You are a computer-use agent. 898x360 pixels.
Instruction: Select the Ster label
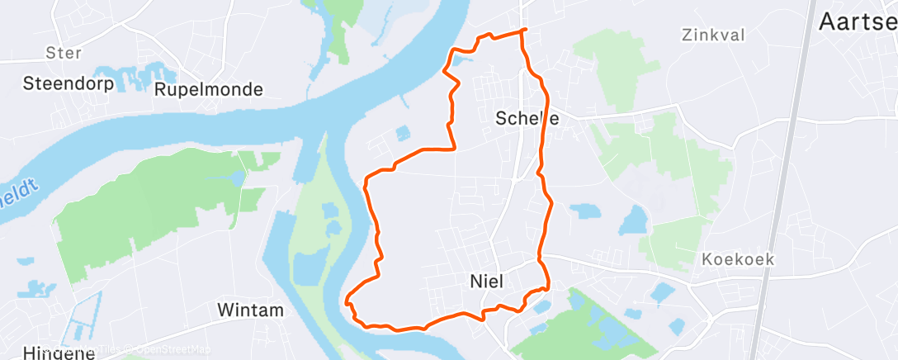coord(64,53)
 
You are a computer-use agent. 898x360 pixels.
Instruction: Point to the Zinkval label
coord(714,35)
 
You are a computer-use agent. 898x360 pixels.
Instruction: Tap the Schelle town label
coord(527,118)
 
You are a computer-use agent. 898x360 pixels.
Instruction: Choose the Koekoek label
coord(738,259)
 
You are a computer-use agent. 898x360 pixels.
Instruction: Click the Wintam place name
coord(250,310)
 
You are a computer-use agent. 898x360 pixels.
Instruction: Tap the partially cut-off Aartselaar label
coord(857,23)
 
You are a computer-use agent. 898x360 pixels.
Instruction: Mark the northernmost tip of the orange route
coord(523,31)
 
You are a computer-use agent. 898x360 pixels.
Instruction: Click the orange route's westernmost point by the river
coord(347,301)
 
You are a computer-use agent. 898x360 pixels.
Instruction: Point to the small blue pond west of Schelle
coord(403,132)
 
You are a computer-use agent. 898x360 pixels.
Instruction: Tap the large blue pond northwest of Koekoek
coord(634,221)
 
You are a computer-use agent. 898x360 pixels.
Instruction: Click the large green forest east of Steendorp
coord(149,206)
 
